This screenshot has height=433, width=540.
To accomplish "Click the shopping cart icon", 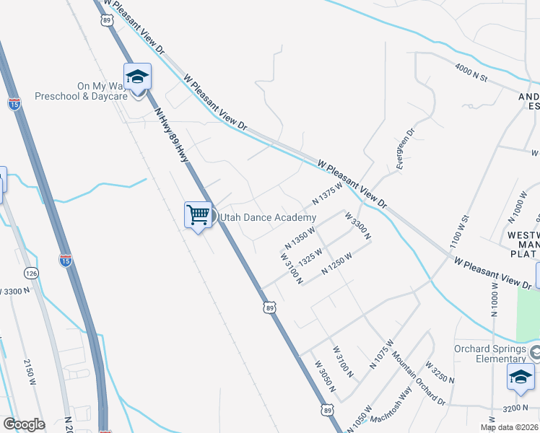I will pyautogui.click(x=198, y=214).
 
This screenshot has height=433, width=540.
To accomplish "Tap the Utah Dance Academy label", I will pyautogui.click(x=268, y=218).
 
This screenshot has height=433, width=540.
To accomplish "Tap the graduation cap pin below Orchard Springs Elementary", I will pyautogui.click(x=521, y=377).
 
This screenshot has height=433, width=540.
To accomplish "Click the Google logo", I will pyautogui.click(x=24, y=424).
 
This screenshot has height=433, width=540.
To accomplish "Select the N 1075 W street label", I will pyautogui.click(x=382, y=354).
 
